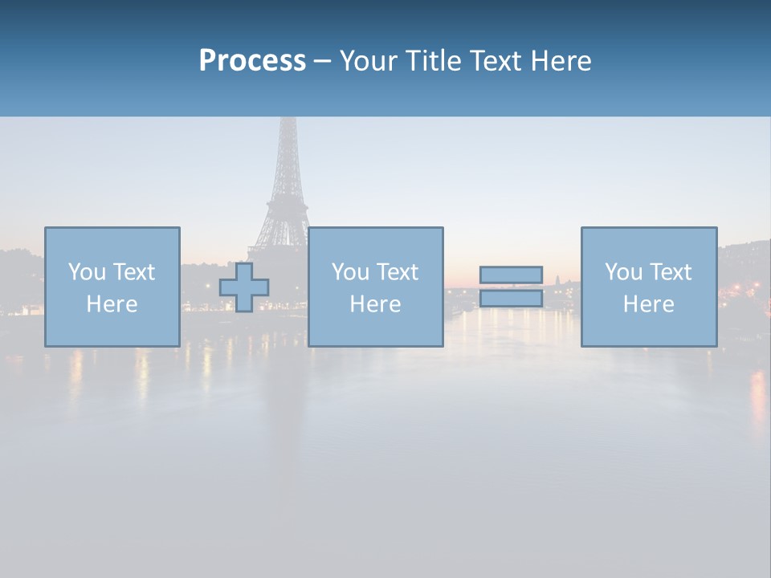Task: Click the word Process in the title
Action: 252,61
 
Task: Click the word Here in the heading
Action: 561,61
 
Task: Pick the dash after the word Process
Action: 323,62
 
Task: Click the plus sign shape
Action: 244,287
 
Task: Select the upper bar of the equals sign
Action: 511,275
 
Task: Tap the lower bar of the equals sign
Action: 511,299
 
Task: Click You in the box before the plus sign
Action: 87,272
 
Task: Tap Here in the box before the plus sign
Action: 112,304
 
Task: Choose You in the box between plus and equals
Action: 350,272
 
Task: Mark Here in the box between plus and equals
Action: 375,304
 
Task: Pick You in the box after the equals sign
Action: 623,272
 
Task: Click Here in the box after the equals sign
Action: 648,304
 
